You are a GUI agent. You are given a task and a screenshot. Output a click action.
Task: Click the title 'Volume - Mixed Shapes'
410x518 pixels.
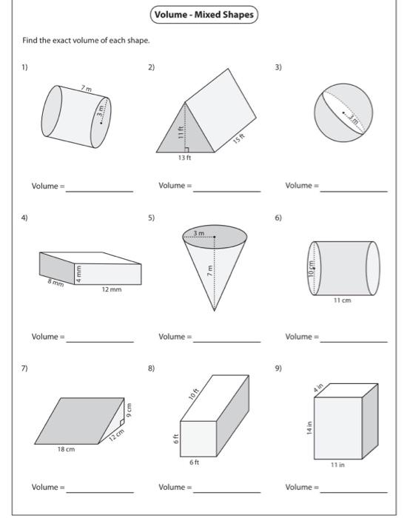click(x=204, y=15)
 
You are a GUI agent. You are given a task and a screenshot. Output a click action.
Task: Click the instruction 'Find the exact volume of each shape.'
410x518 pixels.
click(x=86, y=40)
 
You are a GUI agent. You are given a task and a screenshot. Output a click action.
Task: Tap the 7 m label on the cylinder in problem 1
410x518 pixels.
click(x=87, y=90)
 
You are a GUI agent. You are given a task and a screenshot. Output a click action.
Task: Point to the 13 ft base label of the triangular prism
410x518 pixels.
click(x=184, y=158)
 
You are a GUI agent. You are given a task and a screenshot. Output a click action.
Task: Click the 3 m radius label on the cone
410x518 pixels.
click(x=198, y=233)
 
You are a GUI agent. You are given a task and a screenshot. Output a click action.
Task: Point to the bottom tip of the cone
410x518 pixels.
click(x=215, y=311)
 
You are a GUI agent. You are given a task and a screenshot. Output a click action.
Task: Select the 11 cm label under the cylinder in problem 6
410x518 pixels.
click(x=341, y=300)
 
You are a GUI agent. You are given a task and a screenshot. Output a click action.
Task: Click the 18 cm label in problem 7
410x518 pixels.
click(x=65, y=449)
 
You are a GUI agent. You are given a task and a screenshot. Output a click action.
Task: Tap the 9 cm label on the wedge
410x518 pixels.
click(x=127, y=409)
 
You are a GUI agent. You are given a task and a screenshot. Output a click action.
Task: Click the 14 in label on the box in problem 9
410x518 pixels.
click(x=310, y=428)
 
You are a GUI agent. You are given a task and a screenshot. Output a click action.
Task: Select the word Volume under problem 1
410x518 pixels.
click(x=44, y=186)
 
